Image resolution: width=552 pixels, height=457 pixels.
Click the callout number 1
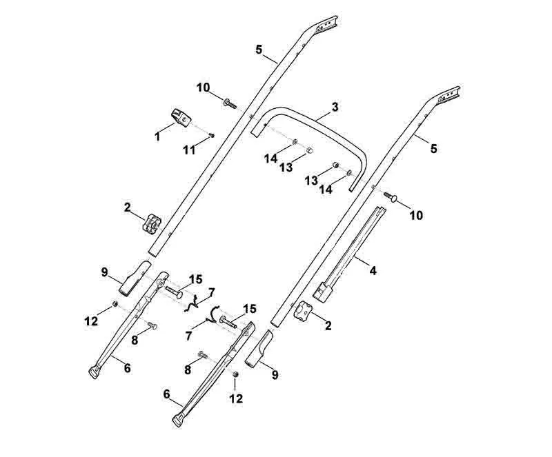[x=157, y=136]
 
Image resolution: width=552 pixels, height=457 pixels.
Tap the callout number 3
[x=335, y=107]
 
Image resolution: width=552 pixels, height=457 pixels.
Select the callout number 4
[x=373, y=270]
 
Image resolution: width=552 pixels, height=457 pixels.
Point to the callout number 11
[x=189, y=150]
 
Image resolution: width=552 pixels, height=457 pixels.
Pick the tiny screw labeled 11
[x=212, y=135]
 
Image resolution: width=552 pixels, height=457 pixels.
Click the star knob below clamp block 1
[x=152, y=223]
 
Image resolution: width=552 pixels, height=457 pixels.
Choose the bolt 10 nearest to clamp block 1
[x=230, y=104]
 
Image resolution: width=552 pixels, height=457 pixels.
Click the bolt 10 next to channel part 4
[x=391, y=196]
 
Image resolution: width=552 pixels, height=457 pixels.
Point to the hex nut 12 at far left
[x=114, y=304]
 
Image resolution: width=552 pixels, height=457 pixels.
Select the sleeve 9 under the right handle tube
[x=259, y=349]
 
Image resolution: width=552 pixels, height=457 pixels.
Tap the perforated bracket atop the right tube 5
[x=448, y=94]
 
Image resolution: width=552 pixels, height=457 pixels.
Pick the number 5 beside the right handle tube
[x=433, y=148]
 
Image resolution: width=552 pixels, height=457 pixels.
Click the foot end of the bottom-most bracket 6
[x=179, y=420]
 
